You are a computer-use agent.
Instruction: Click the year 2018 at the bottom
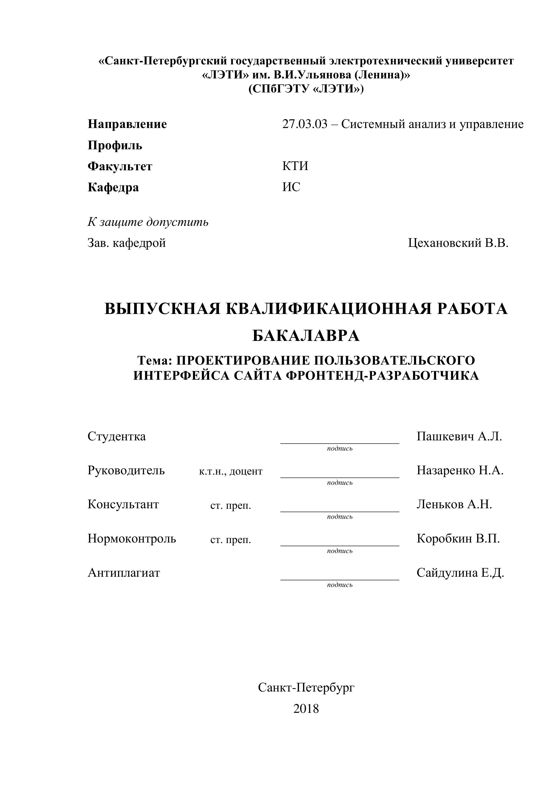[x=306, y=709]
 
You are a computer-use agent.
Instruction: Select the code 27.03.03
[x=305, y=124]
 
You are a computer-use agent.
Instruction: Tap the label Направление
[x=127, y=124]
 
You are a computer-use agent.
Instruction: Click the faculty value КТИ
[x=295, y=166]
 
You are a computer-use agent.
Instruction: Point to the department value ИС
[x=291, y=187]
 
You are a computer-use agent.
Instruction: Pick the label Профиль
[x=115, y=145]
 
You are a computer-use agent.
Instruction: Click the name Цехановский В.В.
[x=458, y=243]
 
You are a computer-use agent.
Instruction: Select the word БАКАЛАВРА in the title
[x=306, y=336]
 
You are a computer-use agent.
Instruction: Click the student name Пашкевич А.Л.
[x=459, y=437]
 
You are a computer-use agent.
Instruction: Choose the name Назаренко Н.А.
[x=460, y=471]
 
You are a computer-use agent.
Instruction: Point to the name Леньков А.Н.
[x=454, y=504]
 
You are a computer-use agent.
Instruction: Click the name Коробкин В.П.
[x=458, y=538]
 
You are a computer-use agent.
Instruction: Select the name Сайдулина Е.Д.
[x=460, y=572]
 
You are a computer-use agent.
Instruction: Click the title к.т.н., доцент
[x=231, y=471]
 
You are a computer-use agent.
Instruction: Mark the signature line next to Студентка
[x=340, y=443]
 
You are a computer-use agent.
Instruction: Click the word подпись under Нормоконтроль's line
[x=340, y=551]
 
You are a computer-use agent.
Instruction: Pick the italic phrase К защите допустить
[x=148, y=222]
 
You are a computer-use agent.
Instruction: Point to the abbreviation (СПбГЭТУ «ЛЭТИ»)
[x=306, y=89]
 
